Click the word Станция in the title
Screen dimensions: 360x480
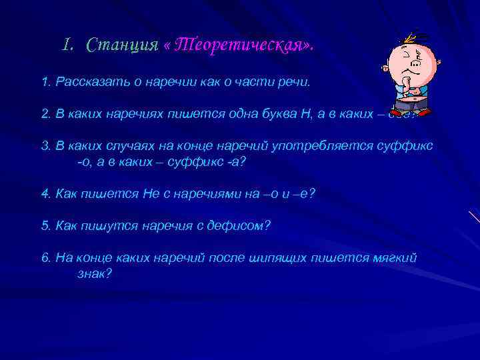[x=123, y=46]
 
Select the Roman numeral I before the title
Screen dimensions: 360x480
[x=66, y=45]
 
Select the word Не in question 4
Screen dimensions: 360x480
[x=150, y=193]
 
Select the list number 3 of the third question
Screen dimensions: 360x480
[x=44, y=145]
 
